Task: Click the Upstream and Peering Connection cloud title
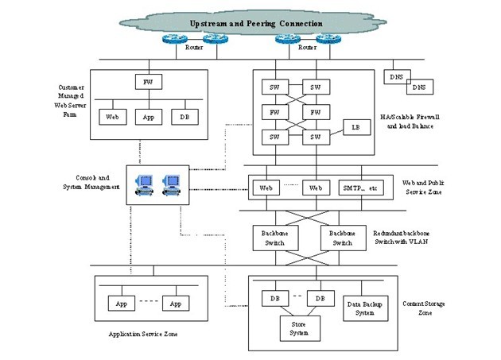point(255,25)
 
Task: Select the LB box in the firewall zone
point(355,127)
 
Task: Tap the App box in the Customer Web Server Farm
point(147,117)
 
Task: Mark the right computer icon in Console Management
point(171,184)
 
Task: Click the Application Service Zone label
point(143,334)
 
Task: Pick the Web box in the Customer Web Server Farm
point(112,117)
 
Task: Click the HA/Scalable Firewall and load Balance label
point(421,121)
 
